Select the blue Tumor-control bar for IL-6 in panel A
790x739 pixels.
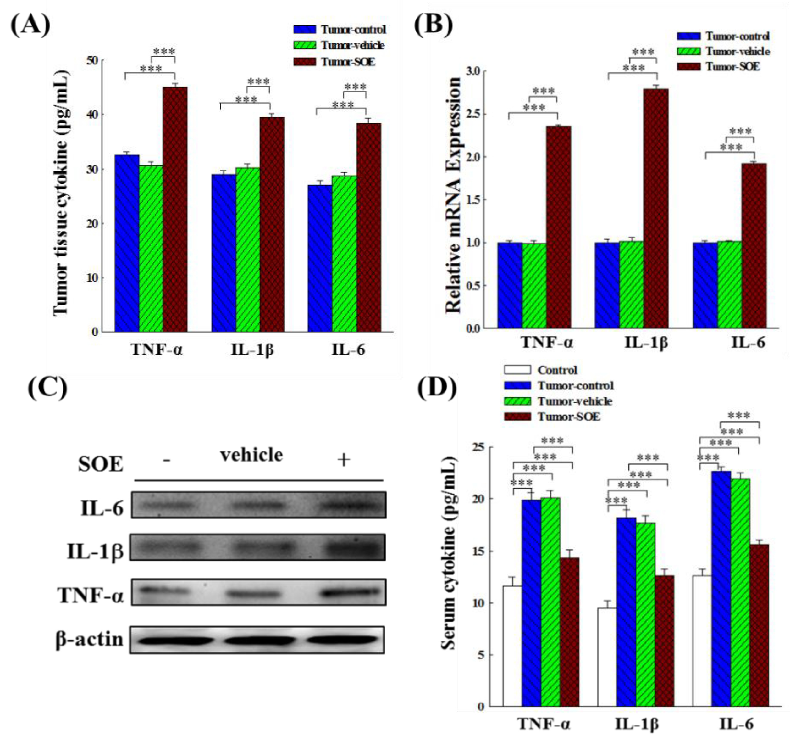pos(319,259)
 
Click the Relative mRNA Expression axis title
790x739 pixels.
pos(453,195)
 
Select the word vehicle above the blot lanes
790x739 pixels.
pos(251,455)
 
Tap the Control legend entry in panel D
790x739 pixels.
pos(557,370)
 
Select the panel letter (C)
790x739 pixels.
pos(47,387)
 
